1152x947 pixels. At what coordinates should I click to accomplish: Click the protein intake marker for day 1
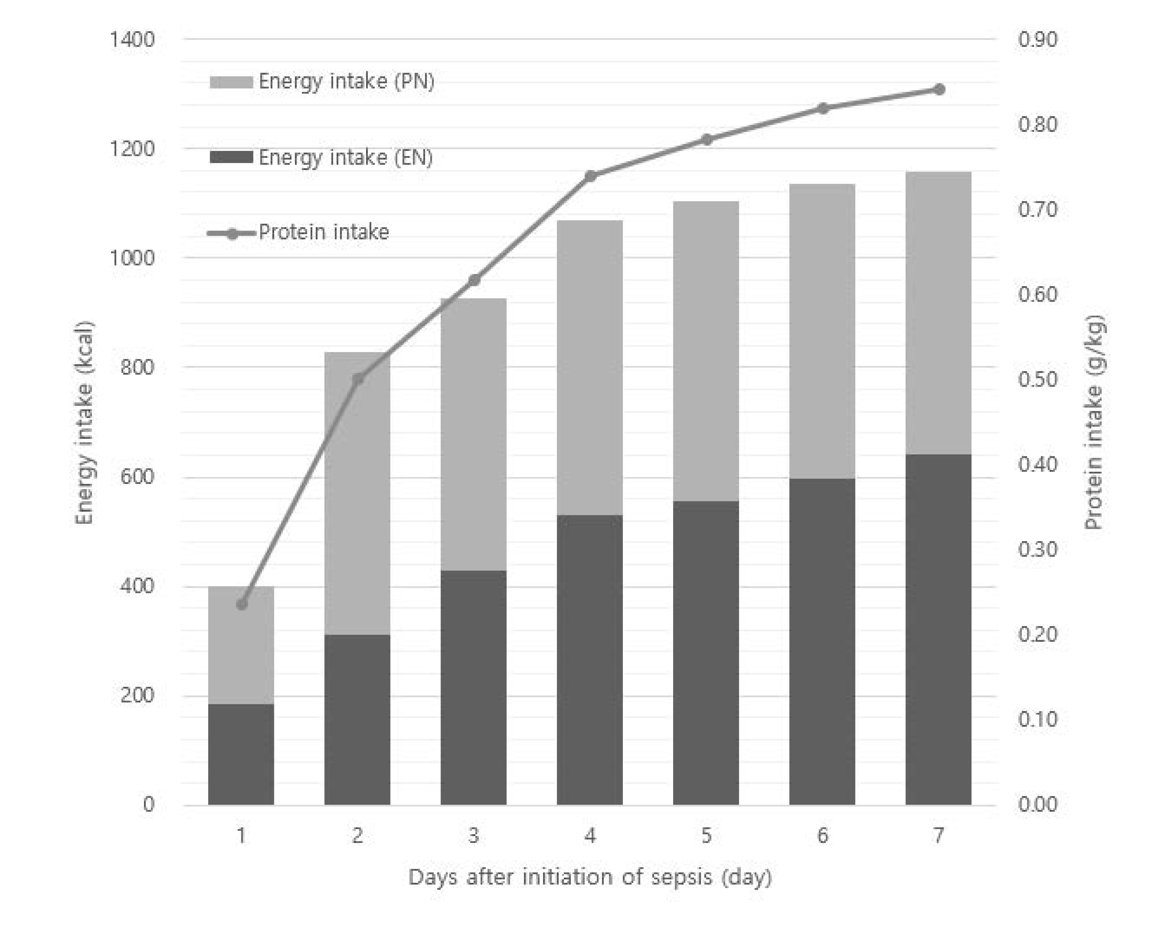[242, 604]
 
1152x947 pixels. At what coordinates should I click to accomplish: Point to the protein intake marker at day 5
[706, 140]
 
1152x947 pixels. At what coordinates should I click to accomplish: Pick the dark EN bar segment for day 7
[938, 629]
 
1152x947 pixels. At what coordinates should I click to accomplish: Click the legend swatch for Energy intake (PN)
[231, 82]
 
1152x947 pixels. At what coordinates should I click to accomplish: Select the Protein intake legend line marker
[232, 233]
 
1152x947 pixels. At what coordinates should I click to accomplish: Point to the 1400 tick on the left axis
[132, 39]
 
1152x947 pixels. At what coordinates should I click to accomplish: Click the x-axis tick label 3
[473, 835]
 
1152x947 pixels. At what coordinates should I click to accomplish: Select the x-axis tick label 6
[822, 835]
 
